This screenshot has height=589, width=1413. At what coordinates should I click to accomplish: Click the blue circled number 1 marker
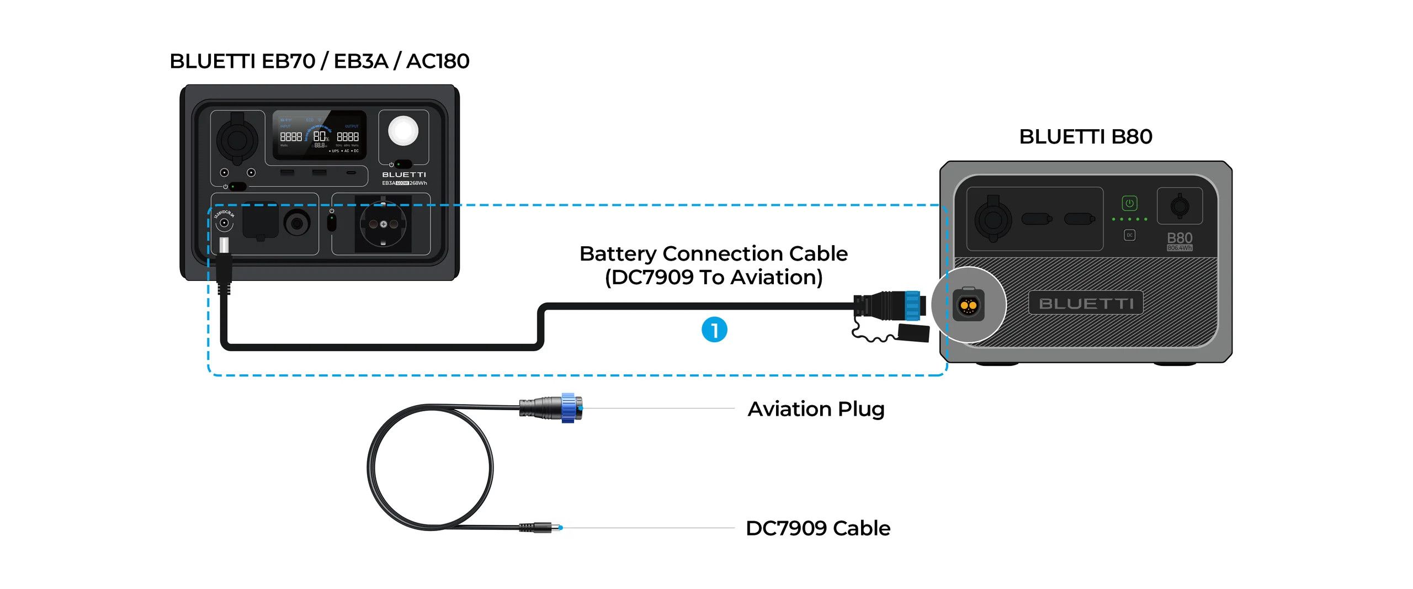714,330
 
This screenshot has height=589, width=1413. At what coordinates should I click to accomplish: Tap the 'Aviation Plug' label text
816,409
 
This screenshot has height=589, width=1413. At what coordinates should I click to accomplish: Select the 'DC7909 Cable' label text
817,528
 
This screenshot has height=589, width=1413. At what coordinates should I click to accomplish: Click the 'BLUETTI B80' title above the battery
1085,136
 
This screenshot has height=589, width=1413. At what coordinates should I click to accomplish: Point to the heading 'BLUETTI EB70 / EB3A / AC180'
319,61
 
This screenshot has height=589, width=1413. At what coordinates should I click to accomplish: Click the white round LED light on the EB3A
403,131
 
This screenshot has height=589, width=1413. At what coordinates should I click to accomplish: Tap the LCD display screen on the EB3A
319,135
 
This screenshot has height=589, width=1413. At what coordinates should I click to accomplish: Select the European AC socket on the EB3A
383,224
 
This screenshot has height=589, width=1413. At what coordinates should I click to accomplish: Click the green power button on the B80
1129,203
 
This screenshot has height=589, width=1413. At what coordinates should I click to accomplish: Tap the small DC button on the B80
1129,235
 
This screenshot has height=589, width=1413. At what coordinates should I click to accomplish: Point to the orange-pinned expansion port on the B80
968,304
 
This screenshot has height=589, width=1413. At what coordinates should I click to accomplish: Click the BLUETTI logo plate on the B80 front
1085,303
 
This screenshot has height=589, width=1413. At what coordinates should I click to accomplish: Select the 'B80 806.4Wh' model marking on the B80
1179,241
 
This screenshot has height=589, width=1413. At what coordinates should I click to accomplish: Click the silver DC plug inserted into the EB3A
224,245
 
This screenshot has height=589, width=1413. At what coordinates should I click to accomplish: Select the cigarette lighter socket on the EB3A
237,138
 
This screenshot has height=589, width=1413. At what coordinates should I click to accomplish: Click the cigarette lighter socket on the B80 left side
992,219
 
